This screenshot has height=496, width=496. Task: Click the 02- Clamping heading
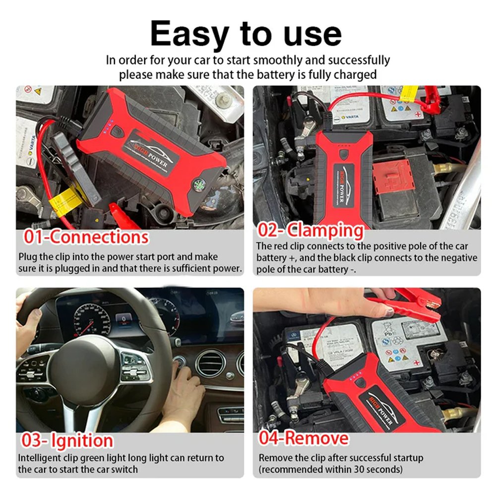click(x=310, y=231)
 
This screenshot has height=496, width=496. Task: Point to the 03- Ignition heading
click(x=67, y=440)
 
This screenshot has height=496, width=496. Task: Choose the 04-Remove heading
click(x=304, y=438)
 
